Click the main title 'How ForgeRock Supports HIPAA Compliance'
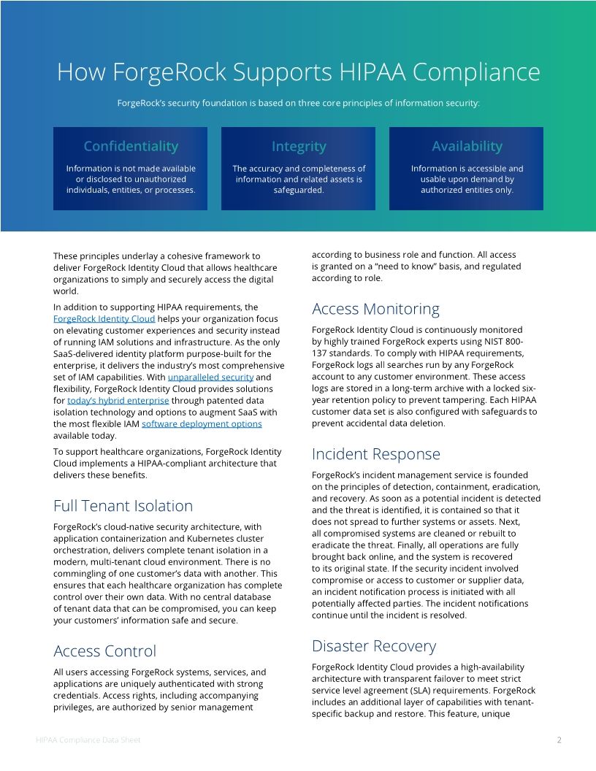298,72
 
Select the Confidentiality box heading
131,146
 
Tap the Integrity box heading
299,146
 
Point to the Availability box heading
467,146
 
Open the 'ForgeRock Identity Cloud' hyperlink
104,319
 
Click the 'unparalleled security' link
210,377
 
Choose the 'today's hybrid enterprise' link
118,401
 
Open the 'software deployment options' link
202,424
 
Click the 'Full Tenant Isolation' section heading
123,506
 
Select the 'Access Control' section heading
104,651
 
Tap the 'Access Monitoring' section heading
375,309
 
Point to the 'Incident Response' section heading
375,454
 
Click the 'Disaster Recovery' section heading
373,646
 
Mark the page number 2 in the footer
559,740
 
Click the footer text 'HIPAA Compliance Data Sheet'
88,740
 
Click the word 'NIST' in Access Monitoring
494,342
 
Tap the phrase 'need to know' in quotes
380,266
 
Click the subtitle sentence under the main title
298,104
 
